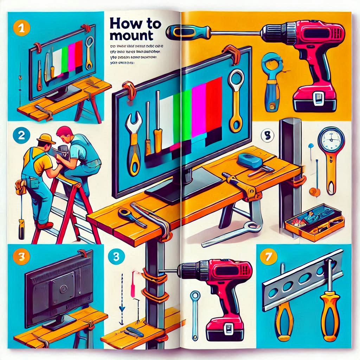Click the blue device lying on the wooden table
tap(250, 161)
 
